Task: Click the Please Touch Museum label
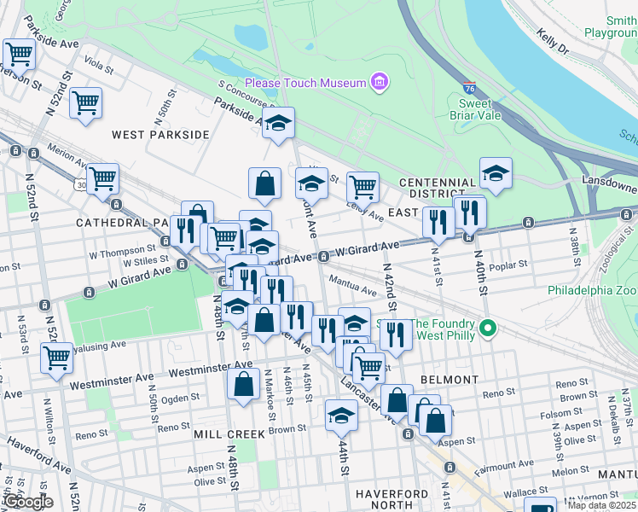(305, 83)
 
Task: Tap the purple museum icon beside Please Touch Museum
(380, 83)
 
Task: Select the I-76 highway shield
(469, 88)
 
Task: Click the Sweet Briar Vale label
(481, 110)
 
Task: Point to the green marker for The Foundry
(488, 328)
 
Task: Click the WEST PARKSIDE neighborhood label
(160, 135)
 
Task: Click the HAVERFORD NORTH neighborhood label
(391, 500)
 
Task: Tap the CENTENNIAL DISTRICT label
(438, 189)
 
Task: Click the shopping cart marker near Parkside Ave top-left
(18, 54)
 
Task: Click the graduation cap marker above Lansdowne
(496, 172)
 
